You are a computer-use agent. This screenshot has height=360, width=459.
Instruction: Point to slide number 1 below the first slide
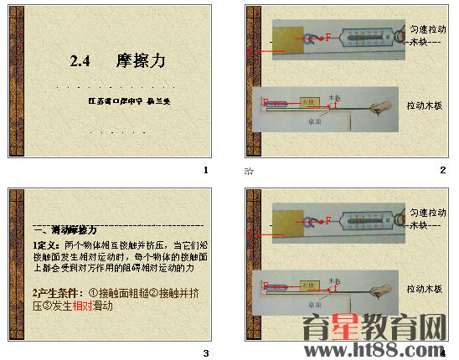click(x=206, y=170)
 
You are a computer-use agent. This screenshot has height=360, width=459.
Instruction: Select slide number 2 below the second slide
click(x=442, y=170)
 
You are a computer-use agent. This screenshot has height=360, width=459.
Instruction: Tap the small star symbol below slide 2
click(x=249, y=172)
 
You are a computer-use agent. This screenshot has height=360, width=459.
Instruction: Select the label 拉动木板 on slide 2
click(x=425, y=106)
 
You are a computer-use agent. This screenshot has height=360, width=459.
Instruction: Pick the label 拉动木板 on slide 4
click(x=425, y=289)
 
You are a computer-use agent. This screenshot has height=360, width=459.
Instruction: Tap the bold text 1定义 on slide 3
click(x=39, y=244)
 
